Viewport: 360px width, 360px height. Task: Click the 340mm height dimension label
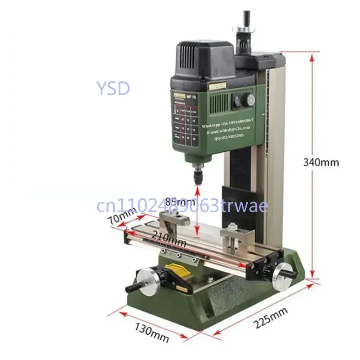click(x=321, y=162)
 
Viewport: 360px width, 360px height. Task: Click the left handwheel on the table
click(x=147, y=283)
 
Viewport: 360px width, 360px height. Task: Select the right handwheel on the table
click(x=280, y=271)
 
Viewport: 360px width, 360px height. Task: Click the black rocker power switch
click(x=235, y=103)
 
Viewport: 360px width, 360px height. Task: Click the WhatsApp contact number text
click(x=227, y=121)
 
